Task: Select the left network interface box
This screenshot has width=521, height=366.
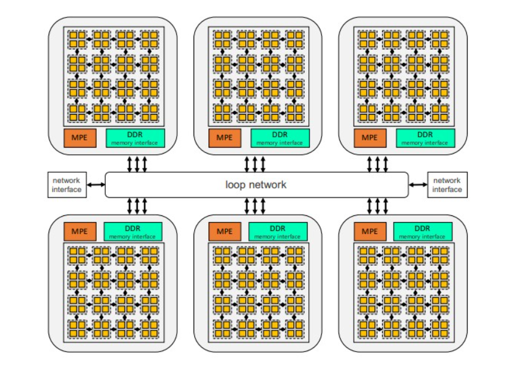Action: coord(67,185)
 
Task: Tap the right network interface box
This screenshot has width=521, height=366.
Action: coord(447,185)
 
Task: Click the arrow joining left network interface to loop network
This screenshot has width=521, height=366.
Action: coord(96,185)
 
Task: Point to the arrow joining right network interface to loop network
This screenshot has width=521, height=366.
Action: coord(418,185)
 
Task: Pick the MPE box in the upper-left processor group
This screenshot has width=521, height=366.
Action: coord(79,137)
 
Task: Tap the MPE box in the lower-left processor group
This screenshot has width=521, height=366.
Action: coord(79,231)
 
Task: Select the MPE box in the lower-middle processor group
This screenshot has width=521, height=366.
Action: coord(224,231)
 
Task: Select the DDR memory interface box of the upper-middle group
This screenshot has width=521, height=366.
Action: coord(279,137)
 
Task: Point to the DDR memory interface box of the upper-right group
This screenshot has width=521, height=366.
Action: coord(425,137)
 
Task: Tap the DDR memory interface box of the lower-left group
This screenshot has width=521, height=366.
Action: coord(133,231)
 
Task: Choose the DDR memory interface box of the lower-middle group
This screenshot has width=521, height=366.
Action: coord(278,231)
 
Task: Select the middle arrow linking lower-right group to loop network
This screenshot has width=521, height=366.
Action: coord(377,206)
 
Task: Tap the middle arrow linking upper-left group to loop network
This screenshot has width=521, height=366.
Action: coord(138,163)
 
